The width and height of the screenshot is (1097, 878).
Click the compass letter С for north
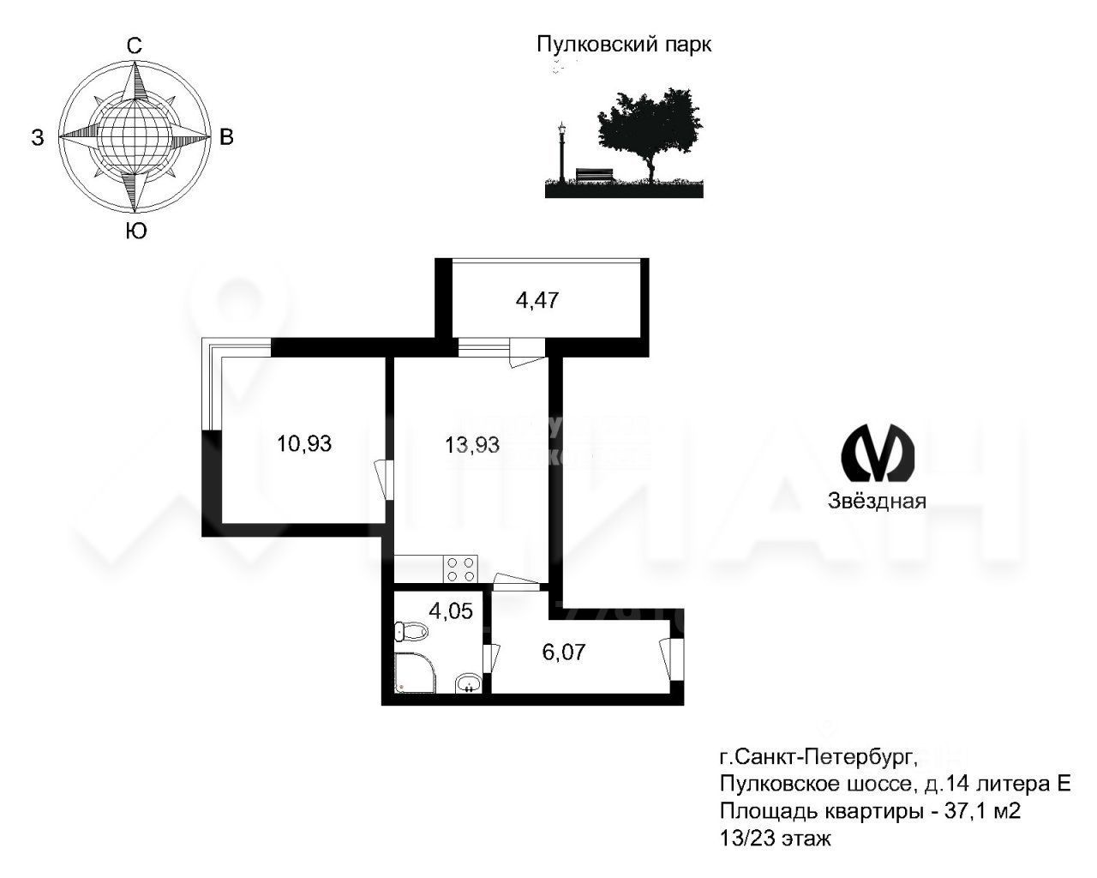135,47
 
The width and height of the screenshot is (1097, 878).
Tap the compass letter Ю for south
135,231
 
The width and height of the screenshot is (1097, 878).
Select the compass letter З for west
38,138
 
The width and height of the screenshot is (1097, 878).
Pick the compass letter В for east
226,137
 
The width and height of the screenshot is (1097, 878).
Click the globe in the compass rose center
134,136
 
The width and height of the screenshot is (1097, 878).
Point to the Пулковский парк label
624,45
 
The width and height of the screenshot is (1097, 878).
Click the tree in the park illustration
650,129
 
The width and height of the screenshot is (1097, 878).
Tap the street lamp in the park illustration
561,150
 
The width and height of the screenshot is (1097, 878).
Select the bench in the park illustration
595,175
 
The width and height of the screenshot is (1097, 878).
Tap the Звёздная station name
877,502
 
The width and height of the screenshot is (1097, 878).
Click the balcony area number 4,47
537,300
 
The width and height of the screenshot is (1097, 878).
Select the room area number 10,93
304,443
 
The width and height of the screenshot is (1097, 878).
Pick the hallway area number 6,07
563,652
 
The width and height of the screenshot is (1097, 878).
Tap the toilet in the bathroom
411,633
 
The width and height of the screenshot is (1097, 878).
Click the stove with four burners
462,568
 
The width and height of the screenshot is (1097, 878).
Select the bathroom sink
468,683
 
